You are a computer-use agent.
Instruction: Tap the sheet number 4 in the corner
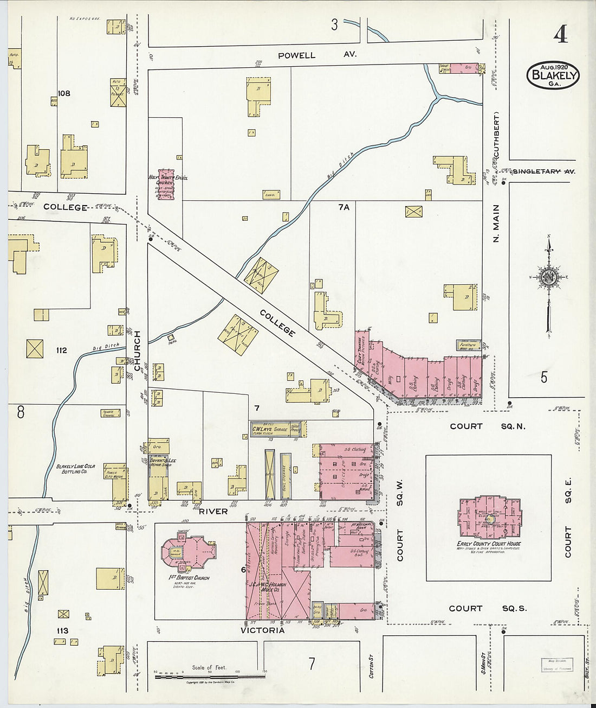coord(560,35)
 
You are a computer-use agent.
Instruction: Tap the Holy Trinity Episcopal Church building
coord(166,183)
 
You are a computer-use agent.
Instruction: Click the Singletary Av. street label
coord(543,171)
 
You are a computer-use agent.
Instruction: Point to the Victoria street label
coord(262,630)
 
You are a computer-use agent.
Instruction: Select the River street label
coord(213,511)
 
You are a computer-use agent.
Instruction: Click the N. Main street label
coord(496,222)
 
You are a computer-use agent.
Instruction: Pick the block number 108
coord(64,93)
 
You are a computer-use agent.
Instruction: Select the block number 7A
coord(344,207)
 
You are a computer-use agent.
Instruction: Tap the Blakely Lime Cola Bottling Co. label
coord(75,469)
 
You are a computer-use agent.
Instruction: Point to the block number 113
coord(62,630)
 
